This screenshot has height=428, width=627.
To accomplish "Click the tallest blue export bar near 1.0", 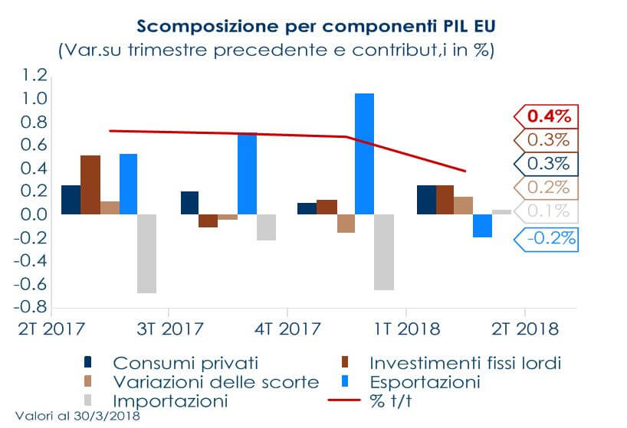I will pos(365,153).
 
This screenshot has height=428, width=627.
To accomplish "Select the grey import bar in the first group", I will pos(147,253).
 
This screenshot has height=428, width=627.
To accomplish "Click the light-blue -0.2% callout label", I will pos(550,238).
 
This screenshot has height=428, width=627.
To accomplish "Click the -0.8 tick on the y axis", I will pos(32,308).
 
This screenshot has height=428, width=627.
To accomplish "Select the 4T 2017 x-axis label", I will pos(286,329).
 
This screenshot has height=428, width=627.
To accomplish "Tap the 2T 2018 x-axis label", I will pos(524,329).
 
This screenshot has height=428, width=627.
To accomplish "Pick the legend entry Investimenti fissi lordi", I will pos(465,362).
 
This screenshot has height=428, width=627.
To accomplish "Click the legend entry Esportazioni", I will pos(424,381).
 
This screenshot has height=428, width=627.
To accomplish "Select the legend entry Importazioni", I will pos(169,400).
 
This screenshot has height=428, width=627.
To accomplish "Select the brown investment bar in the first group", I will pos(90,185).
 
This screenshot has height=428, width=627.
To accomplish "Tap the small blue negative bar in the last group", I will pos(482,226).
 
